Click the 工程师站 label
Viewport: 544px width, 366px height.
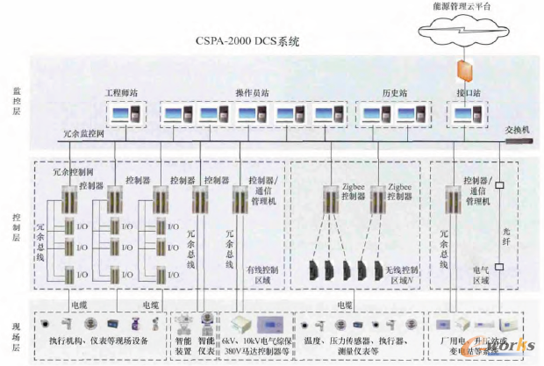click(124, 92)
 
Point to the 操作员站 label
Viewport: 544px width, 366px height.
click(253, 92)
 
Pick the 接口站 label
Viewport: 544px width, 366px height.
click(462, 92)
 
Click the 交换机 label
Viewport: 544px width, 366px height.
click(518, 129)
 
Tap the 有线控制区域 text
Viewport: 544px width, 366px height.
click(261, 275)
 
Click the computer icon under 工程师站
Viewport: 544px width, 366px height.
click(125, 115)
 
